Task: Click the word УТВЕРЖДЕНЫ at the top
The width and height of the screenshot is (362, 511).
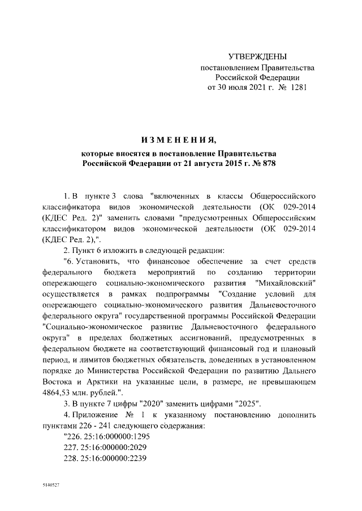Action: [257, 56]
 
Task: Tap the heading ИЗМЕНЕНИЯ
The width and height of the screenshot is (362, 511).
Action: [180, 139]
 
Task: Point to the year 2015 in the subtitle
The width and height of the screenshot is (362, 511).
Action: [230, 164]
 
